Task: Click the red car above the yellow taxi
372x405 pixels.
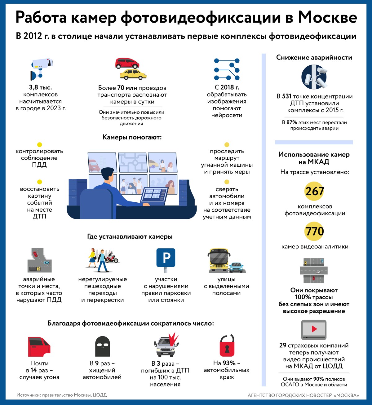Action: tap(127, 63)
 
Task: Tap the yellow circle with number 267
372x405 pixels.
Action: tap(314, 191)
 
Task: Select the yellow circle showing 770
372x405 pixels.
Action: tap(314, 231)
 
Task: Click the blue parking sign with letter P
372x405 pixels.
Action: tap(166, 258)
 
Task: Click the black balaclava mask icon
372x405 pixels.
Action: tap(102, 346)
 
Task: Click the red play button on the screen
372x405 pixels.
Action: tap(314, 329)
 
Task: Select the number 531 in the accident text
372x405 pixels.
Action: tap(286, 96)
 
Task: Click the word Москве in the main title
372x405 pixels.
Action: tap(327, 17)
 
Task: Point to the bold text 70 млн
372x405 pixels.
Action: tap(127, 88)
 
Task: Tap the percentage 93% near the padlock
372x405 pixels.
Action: tap(229, 363)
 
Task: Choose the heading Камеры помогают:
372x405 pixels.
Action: tap(132, 137)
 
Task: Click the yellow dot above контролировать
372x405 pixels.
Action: tap(40, 145)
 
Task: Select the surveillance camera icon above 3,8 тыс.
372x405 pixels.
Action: tap(42, 69)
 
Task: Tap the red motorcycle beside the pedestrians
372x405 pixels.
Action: tap(112, 258)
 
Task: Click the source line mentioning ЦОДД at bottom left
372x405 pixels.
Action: tap(62, 395)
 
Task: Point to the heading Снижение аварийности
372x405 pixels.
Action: tap(314, 58)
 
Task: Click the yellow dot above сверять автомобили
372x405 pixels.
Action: tap(227, 182)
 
